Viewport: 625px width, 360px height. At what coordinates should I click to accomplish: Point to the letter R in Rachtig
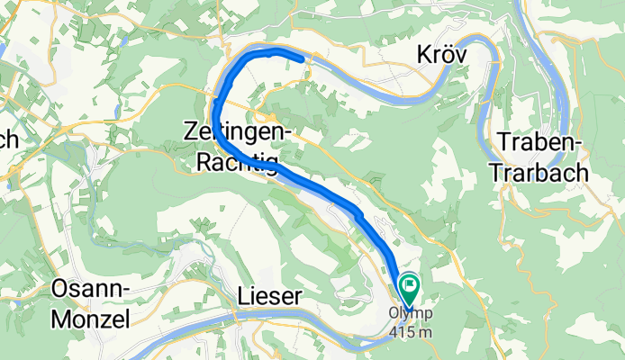point(205,161)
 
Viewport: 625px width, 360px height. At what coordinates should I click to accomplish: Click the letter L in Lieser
point(242,296)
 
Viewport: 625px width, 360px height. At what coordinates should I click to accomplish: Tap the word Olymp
point(411,313)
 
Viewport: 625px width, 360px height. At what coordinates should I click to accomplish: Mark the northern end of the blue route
point(301,59)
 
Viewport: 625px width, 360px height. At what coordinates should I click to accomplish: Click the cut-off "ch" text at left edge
point(9,140)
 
